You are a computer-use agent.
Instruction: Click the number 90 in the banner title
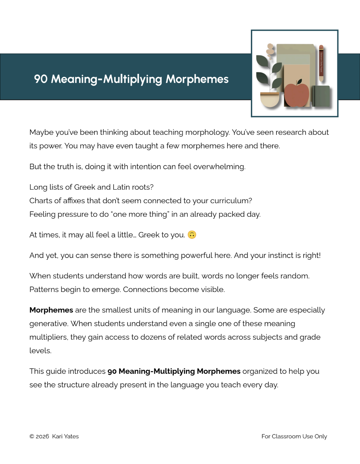pos(41,79)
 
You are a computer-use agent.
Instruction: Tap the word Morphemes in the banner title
pos(197,79)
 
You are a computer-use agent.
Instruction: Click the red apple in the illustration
pos(296,95)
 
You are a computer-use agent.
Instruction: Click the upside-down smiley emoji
pos(192,235)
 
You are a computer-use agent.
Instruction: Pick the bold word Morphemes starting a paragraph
pos(51,310)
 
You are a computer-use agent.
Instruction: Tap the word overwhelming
pos(219,167)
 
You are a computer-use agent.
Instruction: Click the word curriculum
pos(230,201)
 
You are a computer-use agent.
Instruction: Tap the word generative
pos(48,324)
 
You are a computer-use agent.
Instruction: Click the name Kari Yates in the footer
pos(65,436)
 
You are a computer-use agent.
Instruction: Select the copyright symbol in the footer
pos(32,436)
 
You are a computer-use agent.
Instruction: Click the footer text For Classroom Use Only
pos(294,436)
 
